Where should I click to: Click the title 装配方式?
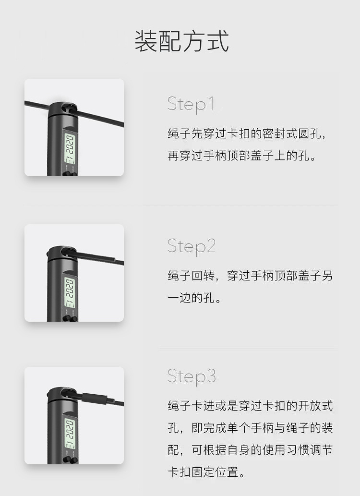coord(182,41)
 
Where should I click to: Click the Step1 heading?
coord(191,104)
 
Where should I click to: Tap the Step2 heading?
coord(192,246)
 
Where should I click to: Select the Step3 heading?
coord(192,376)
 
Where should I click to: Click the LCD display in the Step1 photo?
coord(70,148)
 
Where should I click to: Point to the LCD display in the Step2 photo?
coord(70,292)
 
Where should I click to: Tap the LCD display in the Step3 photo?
coord(70,434)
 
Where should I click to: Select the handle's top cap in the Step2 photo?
coord(62,254)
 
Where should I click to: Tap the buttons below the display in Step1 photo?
coord(71,174)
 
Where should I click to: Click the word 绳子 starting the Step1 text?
coord(179,133)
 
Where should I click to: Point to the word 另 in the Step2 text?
coord(327,276)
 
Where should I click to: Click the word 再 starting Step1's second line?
coord(173,156)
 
